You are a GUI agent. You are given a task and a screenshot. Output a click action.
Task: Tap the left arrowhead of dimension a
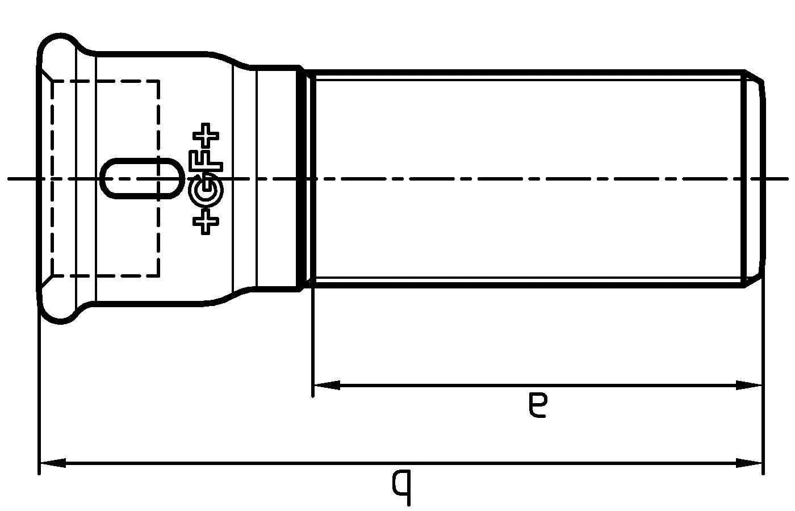click(326, 385)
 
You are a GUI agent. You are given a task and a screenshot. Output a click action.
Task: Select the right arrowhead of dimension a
click(748, 385)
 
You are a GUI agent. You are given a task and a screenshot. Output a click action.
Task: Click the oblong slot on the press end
click(142, 178)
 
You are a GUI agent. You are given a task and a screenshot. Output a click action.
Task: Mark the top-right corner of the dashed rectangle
click(158, 81)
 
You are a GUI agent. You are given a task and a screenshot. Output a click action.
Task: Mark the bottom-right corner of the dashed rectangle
click(158, 276)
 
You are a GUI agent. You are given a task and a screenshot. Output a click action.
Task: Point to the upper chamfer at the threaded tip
click(754, 76)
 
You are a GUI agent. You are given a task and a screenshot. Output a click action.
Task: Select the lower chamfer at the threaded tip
click(754, 281)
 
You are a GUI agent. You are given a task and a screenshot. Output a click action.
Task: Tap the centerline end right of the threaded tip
click(784, 179)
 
